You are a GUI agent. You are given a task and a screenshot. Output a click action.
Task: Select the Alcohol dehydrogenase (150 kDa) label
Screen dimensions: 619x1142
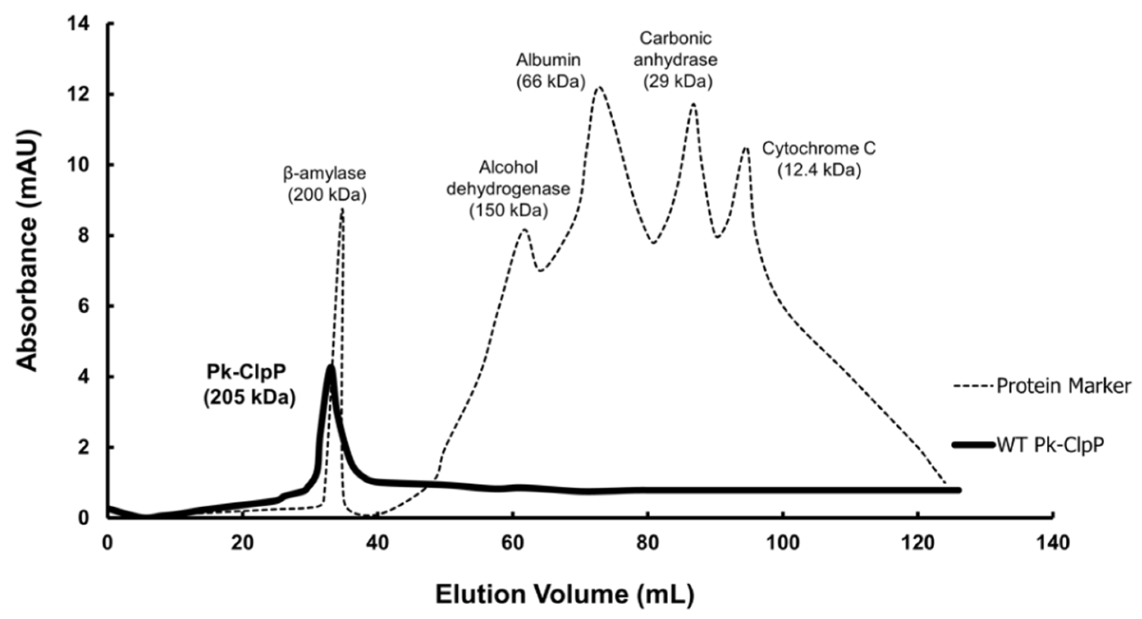[509, 189]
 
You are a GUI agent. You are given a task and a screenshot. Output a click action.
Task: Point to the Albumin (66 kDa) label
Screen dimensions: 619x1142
[550, 71]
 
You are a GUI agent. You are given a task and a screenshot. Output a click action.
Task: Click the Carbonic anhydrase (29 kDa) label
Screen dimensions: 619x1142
[676, 60]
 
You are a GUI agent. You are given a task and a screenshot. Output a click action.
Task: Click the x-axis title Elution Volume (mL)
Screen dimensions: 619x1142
[564, 595]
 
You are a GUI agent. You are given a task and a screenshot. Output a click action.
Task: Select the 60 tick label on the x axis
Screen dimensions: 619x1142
[513, 543]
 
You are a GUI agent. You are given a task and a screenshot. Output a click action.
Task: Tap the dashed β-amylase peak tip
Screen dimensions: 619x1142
[342, 211]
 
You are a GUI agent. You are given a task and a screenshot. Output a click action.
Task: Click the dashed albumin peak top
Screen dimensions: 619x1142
[599, 87]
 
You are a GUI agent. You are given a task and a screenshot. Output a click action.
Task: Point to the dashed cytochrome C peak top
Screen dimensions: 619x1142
[746, 148]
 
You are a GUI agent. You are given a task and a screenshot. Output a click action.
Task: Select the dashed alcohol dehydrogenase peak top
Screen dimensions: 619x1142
[524, 230]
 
